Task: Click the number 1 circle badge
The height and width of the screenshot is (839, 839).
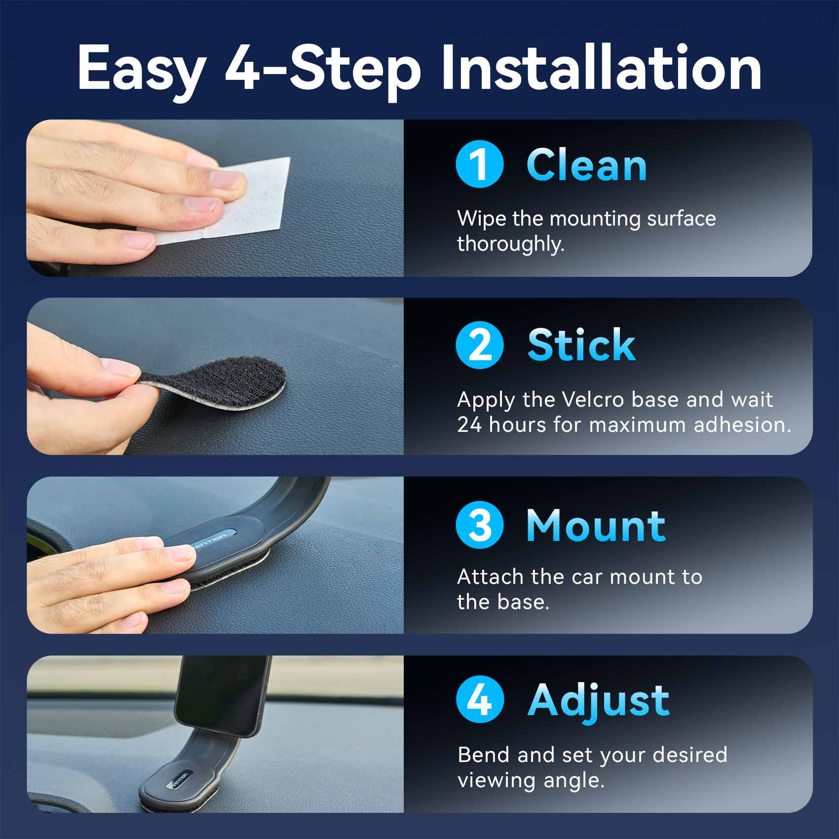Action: pyautogui.click(x=480, y=164)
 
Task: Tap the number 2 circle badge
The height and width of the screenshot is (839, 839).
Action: pyautogui.click(x=480, y=344)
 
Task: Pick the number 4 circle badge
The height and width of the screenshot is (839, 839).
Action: pyautogui.click(x=480, y=699)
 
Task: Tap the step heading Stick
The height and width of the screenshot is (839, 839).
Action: pyautogui.click(x=581, y=345)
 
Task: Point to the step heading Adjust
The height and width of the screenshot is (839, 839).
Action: pyautogui.click(x=599, y=701)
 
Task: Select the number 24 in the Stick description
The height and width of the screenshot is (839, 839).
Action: pyautogui.click(x=469, y=425)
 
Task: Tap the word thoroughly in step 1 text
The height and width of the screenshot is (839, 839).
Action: pyautogui.click(x=511, y=244)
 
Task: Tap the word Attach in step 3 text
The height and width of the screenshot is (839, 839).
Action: pyautogui.click(x=491, y=577)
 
